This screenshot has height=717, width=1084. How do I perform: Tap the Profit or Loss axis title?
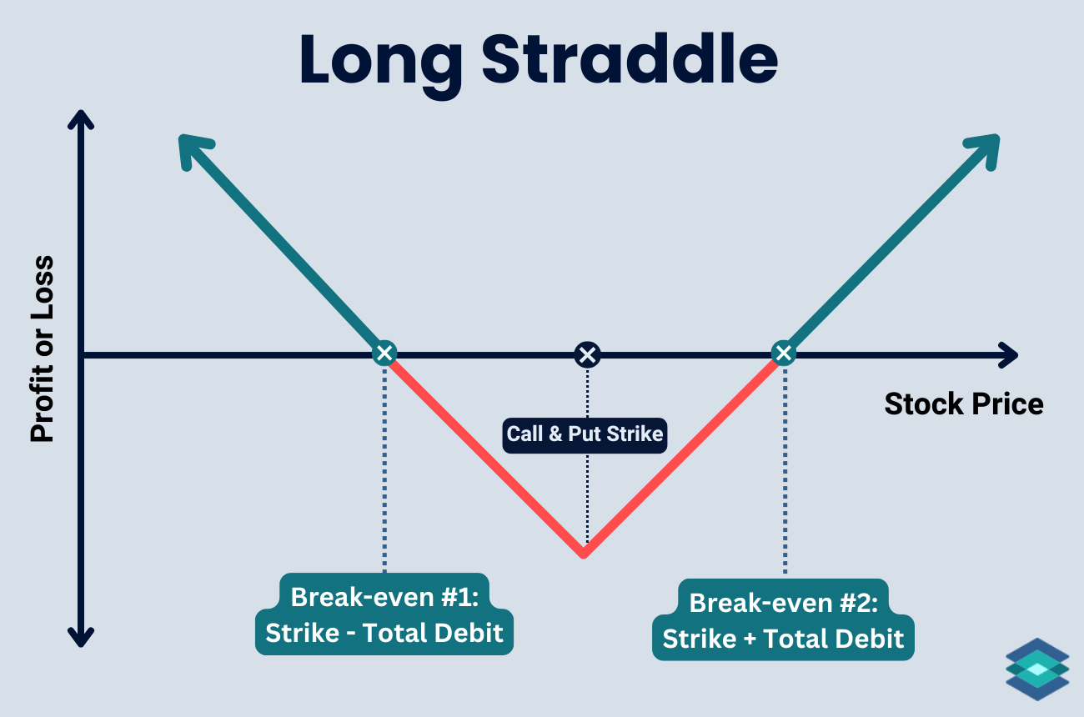tap(42, 348)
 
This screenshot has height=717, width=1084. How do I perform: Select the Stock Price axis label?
tap(963, 404)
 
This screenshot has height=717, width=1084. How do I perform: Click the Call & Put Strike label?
tap(585, 434)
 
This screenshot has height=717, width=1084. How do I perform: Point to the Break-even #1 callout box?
tap(384, 614)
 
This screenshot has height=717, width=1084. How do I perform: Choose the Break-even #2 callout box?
tap(783, 619)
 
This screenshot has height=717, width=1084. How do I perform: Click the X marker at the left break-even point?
tap(384, 353)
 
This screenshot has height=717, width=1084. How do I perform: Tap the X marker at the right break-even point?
tap(783, 353)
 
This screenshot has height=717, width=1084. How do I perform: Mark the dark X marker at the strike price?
tap(587, 355)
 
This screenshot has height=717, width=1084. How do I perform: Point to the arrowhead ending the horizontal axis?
tap(1009, 355)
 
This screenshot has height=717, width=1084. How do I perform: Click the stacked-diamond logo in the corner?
tap(1036, 669)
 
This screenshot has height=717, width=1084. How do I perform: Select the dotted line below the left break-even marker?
tap(384, 467)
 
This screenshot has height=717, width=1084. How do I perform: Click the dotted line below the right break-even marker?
tap(784, 467)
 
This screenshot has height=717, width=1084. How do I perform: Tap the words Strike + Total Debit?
tap(783, 639)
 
